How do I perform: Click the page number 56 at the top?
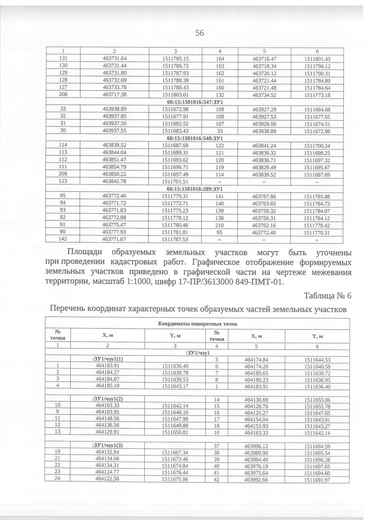[200, 33]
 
